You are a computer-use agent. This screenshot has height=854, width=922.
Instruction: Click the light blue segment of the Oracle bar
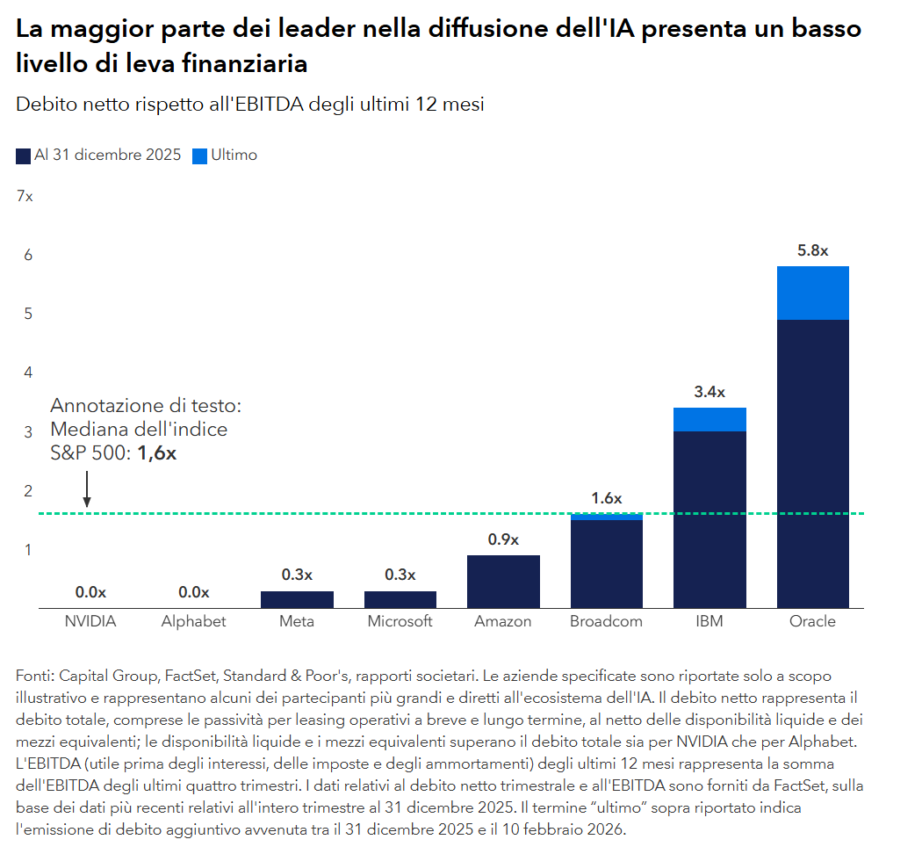812,293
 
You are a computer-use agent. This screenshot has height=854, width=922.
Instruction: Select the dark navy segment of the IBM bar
710,518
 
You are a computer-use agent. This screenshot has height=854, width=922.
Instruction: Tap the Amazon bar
503,581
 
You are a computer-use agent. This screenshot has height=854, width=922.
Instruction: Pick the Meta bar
297,599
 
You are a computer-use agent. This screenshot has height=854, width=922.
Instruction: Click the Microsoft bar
400,599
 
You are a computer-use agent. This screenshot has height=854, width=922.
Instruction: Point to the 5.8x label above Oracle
812,250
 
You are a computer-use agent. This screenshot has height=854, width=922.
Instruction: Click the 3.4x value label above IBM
710,392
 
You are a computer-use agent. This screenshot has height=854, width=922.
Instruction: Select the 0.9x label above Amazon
503,539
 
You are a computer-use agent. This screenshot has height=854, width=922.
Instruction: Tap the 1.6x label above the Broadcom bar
606,498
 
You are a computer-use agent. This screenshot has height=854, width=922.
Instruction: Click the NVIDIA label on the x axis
90,621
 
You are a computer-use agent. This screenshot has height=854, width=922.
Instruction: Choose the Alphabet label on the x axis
193,621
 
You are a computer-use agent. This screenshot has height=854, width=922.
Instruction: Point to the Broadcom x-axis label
606,621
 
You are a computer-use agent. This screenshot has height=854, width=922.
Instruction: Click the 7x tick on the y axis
25,197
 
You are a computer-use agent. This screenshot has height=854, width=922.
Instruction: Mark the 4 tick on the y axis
27,373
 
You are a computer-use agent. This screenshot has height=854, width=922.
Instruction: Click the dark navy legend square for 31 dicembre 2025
24,156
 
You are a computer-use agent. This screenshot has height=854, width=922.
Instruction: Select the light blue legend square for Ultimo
199,156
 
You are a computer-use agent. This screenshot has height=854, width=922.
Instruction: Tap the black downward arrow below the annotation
87,489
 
